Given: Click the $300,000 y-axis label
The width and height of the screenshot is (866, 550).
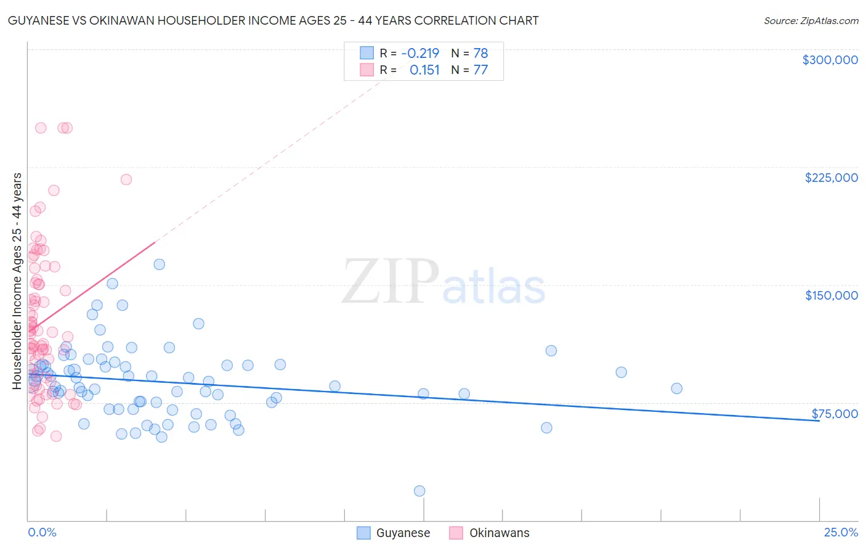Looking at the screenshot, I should click(x=830, y=60).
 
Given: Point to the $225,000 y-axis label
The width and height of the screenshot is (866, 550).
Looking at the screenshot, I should click(x=831, y=178).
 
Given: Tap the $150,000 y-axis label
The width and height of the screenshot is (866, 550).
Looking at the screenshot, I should click(x=831, y=295).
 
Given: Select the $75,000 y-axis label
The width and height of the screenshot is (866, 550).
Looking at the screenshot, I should click(x=835, y=414).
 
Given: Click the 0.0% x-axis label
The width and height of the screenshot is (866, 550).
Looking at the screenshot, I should click(x=42, y=532).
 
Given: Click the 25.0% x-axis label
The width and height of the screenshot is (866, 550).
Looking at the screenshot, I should click(x=841, y=532).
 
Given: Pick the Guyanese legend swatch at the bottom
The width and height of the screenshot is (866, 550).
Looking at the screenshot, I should click(x=364, y=533).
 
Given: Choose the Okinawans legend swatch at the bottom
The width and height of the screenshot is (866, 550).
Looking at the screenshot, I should click(x=456, y=533).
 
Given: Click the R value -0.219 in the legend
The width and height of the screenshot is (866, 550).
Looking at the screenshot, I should click(x=420, y=53).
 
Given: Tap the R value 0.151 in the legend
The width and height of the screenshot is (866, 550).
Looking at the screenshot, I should click(x=424, y=70).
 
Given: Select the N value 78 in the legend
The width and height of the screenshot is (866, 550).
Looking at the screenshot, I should click(x=480, y=53).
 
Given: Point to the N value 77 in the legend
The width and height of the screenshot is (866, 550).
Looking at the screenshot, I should click(x=480, y=70).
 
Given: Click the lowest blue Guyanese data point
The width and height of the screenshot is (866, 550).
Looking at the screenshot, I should click(x=419, y=491).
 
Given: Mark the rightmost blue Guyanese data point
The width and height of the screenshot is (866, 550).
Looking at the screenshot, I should click(x=676, y=388).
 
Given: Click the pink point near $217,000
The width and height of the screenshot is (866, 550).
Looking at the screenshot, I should click(x=126, y=179).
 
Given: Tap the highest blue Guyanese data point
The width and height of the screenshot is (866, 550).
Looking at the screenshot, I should click(x=159, y=265).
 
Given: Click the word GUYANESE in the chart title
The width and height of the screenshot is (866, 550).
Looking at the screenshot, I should click(x=36, y=21).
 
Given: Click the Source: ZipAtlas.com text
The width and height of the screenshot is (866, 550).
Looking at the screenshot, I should click(x=811, y=21).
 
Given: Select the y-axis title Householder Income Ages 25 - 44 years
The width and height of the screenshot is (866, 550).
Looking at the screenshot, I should click(x=17, y=281).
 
